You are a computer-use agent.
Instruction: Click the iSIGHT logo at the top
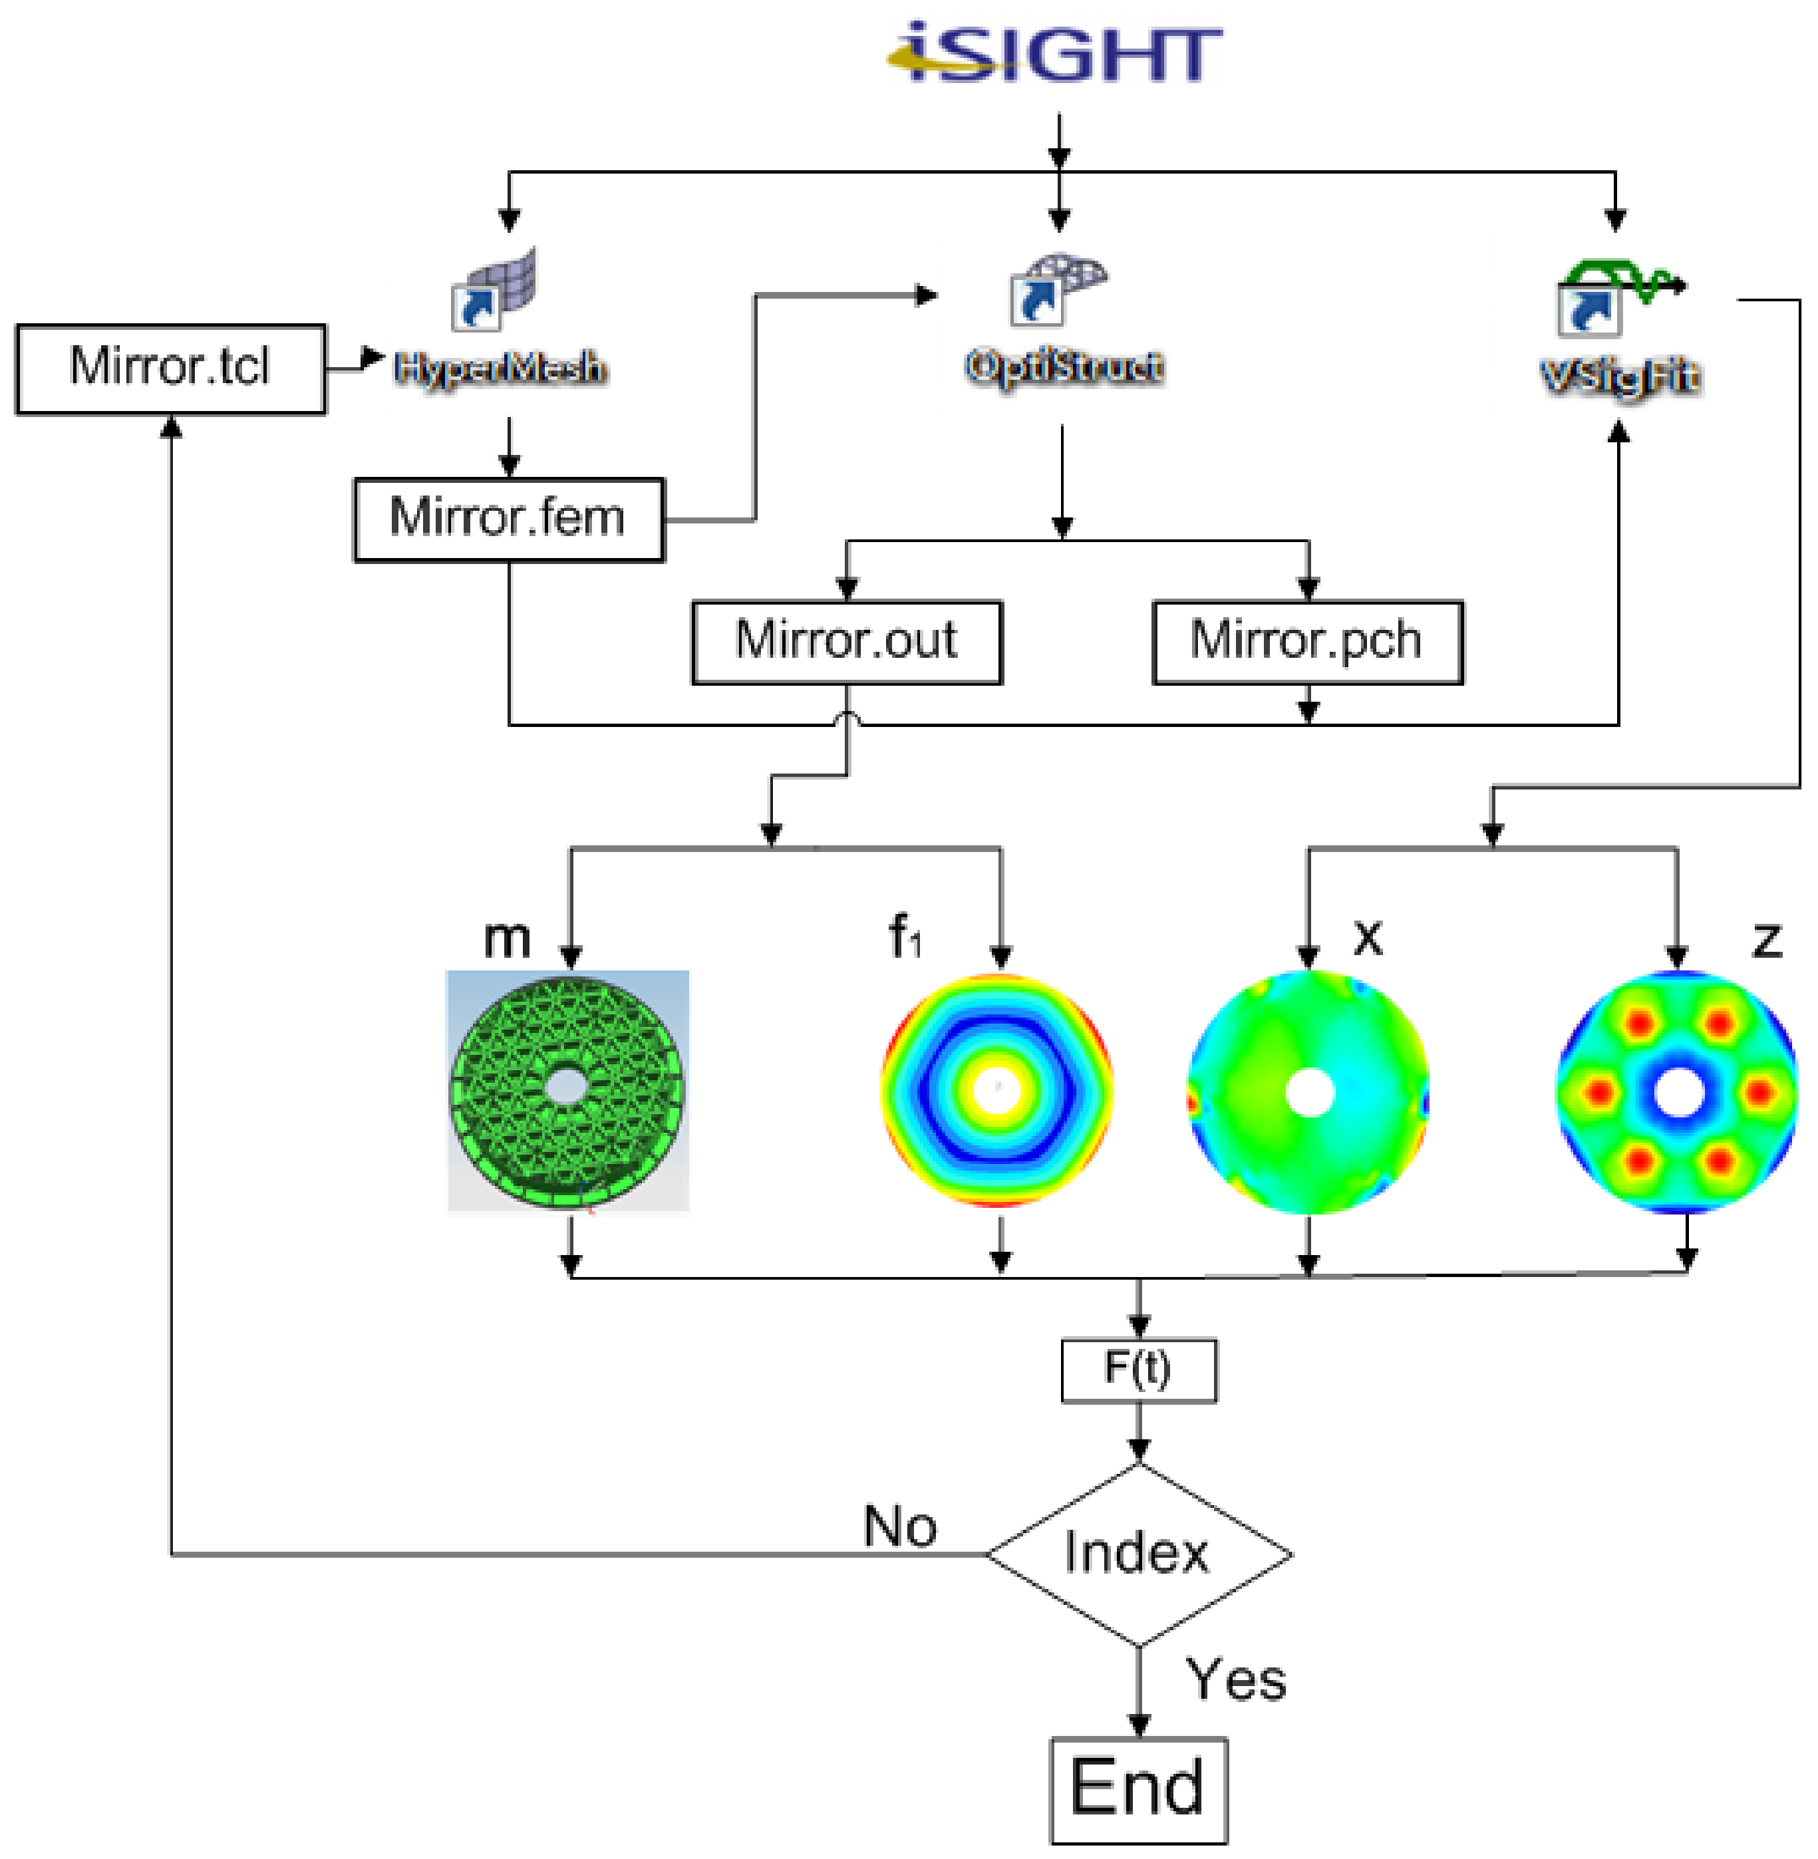(x=1054, y=53)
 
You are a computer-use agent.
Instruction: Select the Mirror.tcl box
(x=171, y=368)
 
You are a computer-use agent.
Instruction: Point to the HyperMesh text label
(x=500, y=368)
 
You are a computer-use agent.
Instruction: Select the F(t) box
(x=1138, y=1370)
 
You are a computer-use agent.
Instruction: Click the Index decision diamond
(x=1138, y=1554)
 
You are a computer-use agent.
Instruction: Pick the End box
(x=1138, y=1789)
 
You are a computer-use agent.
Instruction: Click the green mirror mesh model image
(x=568, y=1090)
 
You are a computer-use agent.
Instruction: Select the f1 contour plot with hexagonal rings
(x=997, y=1089)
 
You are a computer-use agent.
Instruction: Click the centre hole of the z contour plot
(x=1678, y=1092)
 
